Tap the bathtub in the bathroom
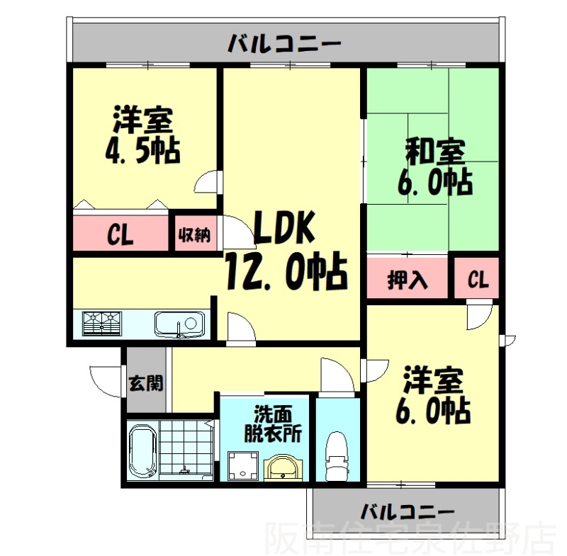click(x=142, y=452)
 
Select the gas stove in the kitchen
click(x=102, y=324)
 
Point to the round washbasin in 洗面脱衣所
click(x=282, y=467)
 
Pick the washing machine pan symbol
click(x=243, y=465)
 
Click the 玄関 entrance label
click(x=147, y=383)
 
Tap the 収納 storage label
click(x=194, y=235)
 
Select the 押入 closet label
click(x=408, y=279)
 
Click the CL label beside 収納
click(x=120, y=234)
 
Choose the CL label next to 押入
click(x=478, y=279)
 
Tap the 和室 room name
click(x=435, y=151)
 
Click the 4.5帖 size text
click(x=142, y=151)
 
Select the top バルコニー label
click(x=284, y=44)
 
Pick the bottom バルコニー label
click(x=408, y=511)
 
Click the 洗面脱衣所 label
click(x=273, y=424)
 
